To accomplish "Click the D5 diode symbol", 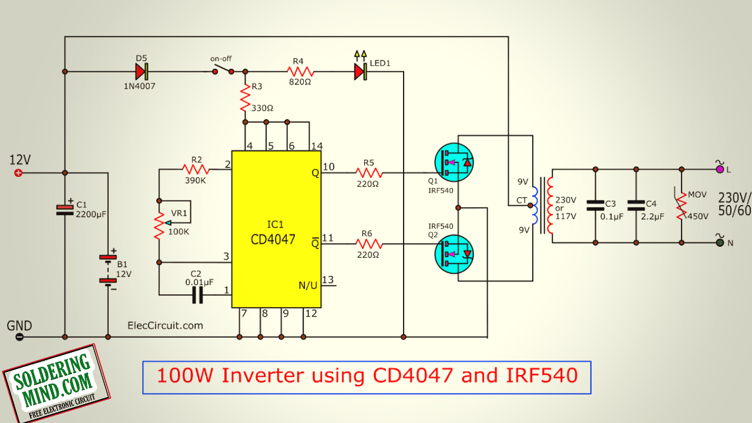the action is [142, 72].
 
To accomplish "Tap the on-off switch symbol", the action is [223, 69].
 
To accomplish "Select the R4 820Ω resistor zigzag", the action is [300, 72].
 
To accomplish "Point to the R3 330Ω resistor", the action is [246, 98].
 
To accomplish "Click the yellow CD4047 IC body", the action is [276, 229].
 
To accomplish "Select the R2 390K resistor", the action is [196, 169].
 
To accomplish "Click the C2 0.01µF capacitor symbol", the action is [197, 295].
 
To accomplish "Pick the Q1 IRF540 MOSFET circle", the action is [454, 163].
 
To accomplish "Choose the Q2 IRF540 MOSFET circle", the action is [454, 254].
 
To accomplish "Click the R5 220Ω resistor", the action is [369, 173].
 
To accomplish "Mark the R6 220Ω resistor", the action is [369, 244].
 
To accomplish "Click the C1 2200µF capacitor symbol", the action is [65, 210].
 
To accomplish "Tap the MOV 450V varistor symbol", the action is [681, 206].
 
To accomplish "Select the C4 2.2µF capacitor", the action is [636, 206].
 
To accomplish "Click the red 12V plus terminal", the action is [18, 173].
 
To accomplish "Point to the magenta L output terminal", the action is [720, 170].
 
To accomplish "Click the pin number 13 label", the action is [328, 280].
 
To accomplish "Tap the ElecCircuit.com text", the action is [165, 325].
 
